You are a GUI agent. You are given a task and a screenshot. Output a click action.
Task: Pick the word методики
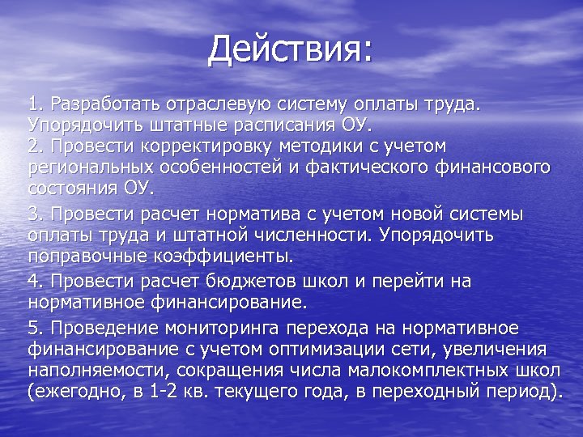[344, 146]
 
